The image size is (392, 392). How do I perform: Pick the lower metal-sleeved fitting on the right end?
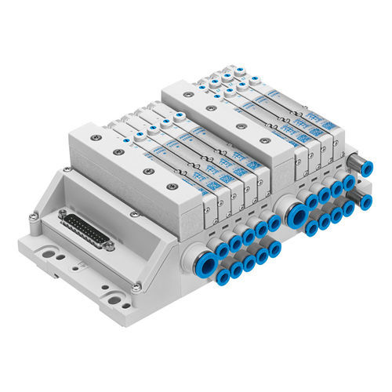tap(365, 202)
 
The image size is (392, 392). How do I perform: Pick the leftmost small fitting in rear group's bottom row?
tap(312, 227)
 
